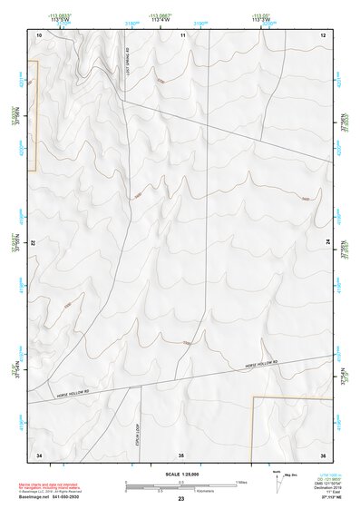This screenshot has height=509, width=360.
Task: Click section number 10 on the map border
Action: click(39, 34)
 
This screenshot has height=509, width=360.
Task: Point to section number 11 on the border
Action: click(182, 34)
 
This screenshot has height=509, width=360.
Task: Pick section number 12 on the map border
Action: click(324, 34)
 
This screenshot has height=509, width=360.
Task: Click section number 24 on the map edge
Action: click(328, 244)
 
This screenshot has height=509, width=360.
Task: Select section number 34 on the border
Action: click(39, 454)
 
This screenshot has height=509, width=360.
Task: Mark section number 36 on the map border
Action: click(324, 454)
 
